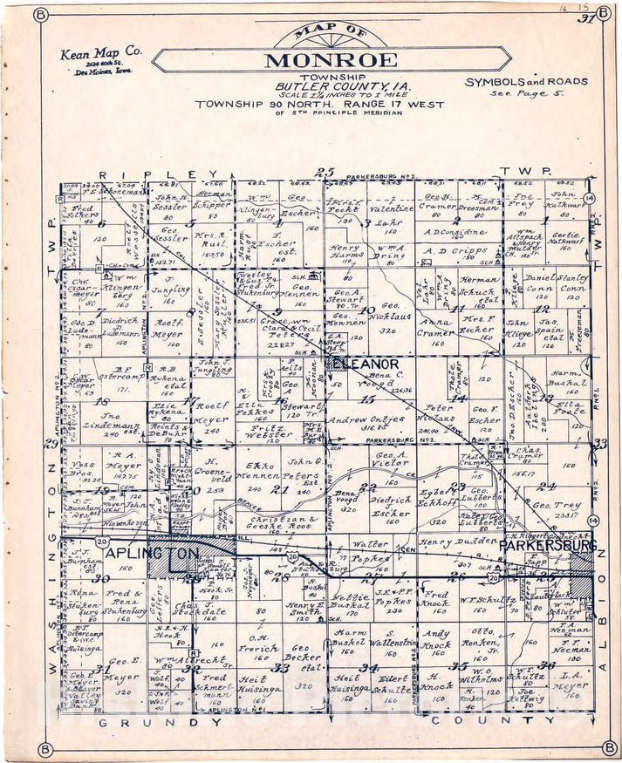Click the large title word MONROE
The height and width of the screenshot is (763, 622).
[x=331, y=60]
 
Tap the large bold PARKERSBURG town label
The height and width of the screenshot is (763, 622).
[x=548, y=545]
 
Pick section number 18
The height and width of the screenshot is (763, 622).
[x=103, y=402]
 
